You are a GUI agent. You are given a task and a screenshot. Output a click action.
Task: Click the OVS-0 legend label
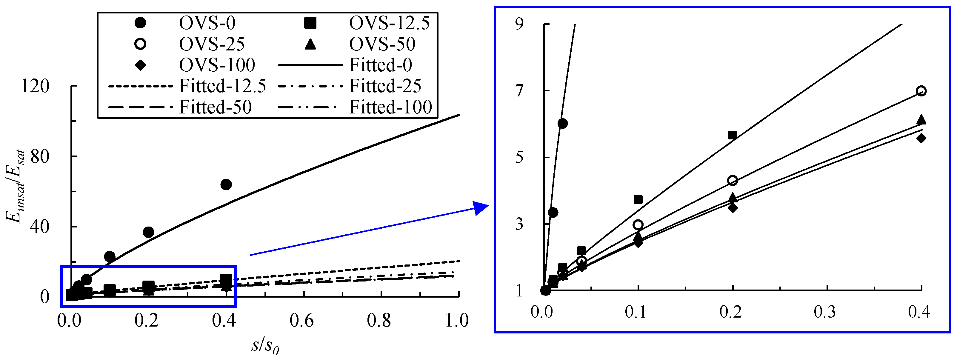207,23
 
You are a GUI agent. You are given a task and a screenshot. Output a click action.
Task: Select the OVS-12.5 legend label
389,23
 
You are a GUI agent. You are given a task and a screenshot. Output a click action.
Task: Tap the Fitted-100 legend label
390,107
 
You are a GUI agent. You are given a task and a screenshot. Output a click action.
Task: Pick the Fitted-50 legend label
216,107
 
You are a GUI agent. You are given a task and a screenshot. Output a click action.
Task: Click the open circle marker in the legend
140,44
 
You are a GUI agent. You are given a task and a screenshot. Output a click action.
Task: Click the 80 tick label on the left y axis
40,156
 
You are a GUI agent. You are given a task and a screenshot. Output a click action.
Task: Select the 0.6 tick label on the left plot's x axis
302,320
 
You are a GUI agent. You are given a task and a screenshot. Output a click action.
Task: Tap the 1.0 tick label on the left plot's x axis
457,320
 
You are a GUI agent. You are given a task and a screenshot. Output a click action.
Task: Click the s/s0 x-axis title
265,346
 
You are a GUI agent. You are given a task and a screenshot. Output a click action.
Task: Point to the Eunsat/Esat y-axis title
16,186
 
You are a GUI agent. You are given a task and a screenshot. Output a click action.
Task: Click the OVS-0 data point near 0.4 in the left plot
226,184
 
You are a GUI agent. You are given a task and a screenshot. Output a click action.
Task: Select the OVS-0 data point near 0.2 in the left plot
148,232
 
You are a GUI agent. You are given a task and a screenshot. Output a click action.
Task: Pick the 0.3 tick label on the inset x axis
824,312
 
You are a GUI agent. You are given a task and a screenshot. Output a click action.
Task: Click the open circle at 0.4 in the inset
921,91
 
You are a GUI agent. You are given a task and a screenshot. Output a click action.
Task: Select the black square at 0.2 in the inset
732,135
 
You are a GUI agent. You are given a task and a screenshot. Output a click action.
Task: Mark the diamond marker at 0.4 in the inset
921,138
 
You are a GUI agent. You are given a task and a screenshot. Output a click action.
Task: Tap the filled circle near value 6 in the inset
562,123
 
